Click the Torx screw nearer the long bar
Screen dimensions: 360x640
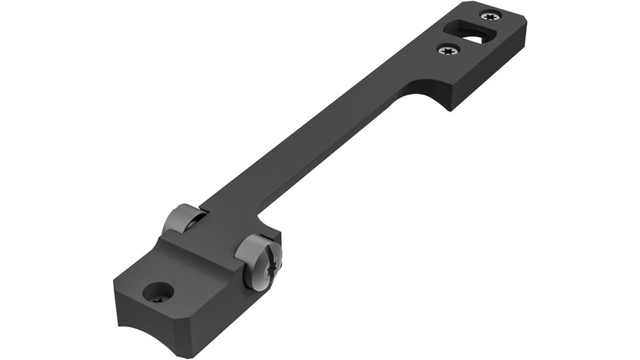tap(448, 49)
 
